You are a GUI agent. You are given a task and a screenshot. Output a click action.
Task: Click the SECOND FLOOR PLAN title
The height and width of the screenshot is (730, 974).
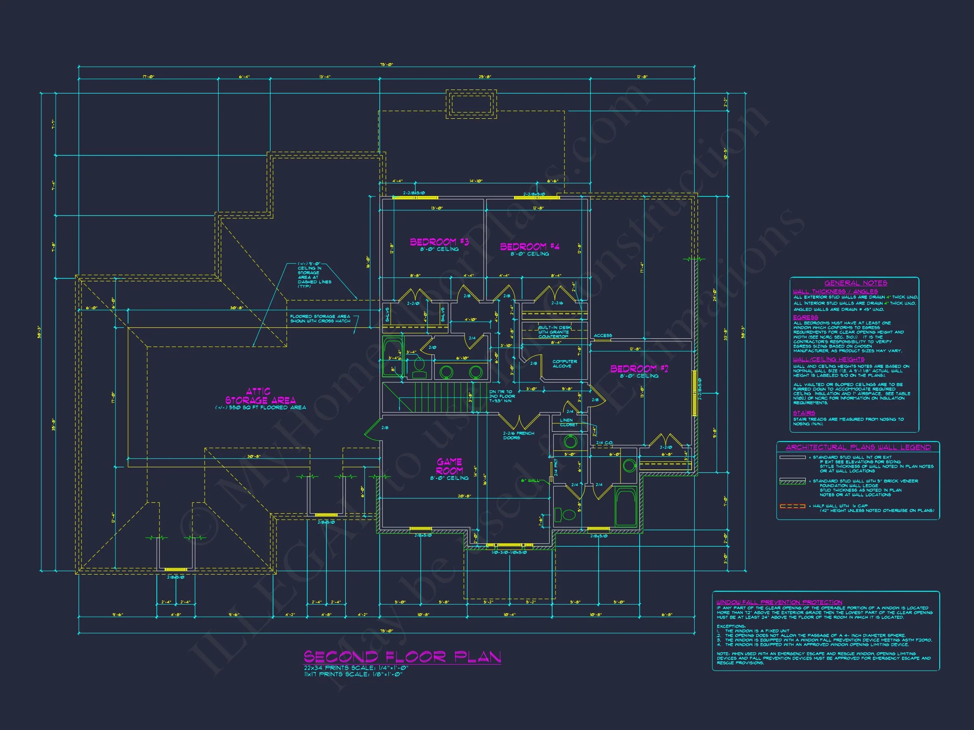[402, 657]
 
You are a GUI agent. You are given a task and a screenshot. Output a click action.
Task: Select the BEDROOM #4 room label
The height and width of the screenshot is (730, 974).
[529, 246]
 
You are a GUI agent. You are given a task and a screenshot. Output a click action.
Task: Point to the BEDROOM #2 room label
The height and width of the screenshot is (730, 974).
[639, 369]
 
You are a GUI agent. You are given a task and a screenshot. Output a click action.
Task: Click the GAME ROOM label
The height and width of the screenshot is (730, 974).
[449, 466]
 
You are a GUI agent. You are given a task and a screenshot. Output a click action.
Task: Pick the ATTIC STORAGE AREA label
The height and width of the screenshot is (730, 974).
[260, 396]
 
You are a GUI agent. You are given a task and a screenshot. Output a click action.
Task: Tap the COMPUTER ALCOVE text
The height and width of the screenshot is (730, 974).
[564, 363]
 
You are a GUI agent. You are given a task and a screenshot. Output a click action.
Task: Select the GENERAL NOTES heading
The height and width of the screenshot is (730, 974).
[856, 283]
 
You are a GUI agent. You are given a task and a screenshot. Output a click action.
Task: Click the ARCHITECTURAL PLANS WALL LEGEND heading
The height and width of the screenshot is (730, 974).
[858, 447]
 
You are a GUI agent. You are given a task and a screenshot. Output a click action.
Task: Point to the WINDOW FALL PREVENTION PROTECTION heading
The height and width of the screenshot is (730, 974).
[779, 602]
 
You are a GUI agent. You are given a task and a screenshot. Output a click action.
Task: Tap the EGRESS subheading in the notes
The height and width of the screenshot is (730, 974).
[805, 317]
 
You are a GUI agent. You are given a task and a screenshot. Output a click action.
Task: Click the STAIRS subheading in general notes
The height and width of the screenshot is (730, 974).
[804, 413]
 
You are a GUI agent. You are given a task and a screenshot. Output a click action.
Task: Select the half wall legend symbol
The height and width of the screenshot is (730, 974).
[792, 506]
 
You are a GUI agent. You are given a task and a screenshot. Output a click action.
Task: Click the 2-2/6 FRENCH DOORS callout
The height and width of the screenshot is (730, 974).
[518, 435]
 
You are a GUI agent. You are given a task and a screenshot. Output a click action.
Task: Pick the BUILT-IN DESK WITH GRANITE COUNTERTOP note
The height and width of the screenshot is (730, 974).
[553, 332]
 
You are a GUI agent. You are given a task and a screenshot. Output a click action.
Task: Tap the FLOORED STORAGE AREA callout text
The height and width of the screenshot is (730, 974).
[320, 319]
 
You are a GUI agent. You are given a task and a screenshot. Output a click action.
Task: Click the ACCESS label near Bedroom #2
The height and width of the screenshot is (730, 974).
[602, 335]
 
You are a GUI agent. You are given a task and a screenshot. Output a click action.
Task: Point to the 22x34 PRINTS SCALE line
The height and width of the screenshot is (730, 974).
[356, 668]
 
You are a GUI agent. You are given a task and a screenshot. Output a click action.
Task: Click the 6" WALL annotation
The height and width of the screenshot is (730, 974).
[530, 480]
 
